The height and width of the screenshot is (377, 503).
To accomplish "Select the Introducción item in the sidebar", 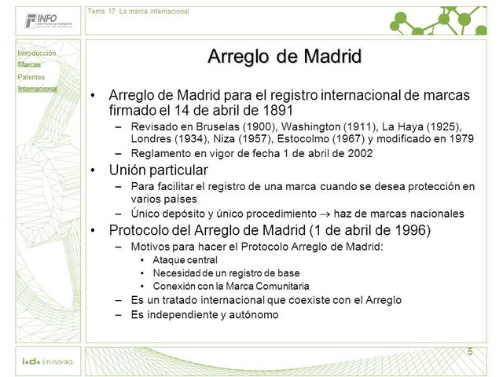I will click(37, 53).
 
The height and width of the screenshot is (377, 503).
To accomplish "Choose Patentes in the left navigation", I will click(31, 77).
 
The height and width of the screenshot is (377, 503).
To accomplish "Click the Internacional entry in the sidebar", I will click(38, 89).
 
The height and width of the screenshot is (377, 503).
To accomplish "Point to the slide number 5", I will click(470, 351).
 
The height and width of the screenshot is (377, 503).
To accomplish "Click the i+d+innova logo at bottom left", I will click(47, 361).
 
